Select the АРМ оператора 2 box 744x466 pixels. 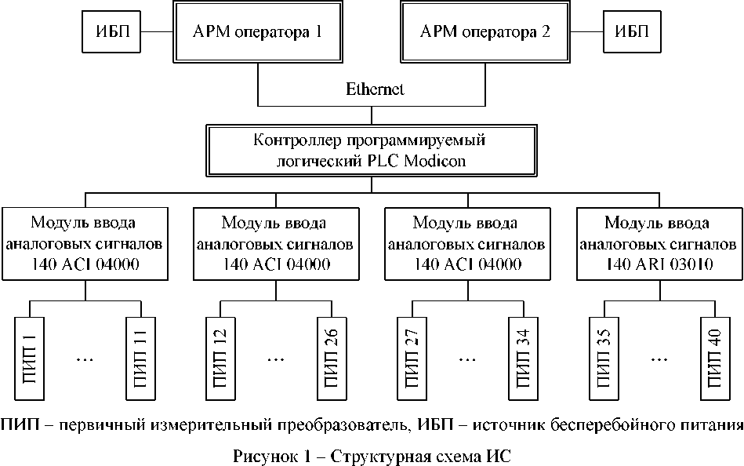point(486,33)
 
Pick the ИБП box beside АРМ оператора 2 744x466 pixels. point(631,33)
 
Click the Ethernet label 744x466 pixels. point(375,89)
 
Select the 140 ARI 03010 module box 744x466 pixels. point(659,243)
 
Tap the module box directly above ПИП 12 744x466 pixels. point(276,243)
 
